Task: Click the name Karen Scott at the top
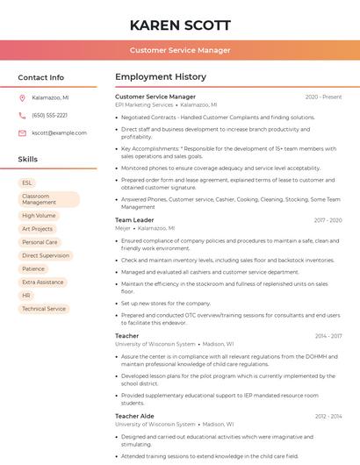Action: [x=180, y=25]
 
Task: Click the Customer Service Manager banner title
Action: [x=180, y=50]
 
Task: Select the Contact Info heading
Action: [x=41, y=77]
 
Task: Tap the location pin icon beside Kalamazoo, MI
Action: [x=22, y=98]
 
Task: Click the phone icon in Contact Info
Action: [x=22, y=116]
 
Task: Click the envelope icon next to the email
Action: [x=22, y=133]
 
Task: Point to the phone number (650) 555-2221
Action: [x=49, y=116]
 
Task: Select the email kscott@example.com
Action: [x=54, y=133]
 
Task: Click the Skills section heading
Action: [x=28, y=160]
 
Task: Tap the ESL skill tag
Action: [x=27, y=182]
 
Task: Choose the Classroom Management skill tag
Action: [x=48, y=199]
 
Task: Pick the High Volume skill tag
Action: [x=39, y=215]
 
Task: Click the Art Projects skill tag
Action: [x=38, y=229]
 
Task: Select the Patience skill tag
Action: [x=33, y=268]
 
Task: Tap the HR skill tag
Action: [x=26, y=296]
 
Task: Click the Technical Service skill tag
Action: [x=44, y=309]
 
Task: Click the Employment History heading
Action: [x=161, y=76]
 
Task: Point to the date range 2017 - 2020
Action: [x=328, y=220]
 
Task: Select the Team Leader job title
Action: [x=134, y=220]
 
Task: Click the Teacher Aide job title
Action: [x=134, y=416]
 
